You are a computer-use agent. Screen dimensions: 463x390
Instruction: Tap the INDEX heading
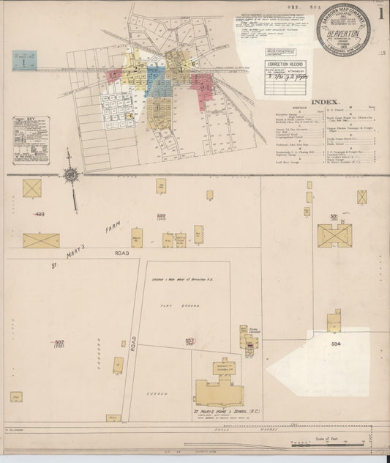(326, 103)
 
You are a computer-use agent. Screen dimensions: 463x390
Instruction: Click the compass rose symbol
(71, 174)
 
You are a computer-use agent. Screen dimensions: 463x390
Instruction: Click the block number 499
(39, 214)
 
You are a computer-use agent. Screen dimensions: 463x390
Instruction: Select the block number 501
(334, 216)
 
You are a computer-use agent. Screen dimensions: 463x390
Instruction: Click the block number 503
(190, 341)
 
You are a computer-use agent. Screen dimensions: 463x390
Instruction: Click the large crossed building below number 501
(334, 235)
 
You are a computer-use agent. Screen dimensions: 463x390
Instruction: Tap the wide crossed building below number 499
(41, 240)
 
